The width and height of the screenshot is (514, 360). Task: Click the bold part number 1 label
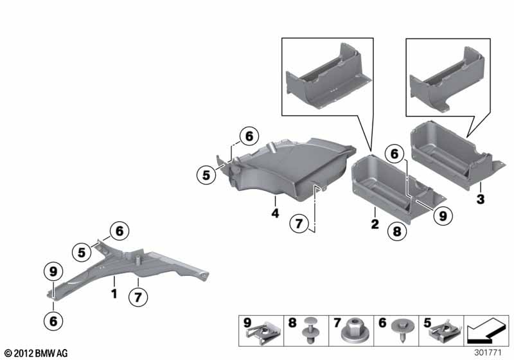(114, 293)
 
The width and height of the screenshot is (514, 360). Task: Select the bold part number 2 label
(375, 224)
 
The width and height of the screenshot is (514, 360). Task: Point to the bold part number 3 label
(480, 199)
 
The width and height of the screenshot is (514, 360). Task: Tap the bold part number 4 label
(276, 213)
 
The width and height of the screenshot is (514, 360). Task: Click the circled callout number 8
(397, 231)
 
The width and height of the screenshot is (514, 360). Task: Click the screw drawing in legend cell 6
(403, 330)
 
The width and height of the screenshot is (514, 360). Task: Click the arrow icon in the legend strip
(486, 330)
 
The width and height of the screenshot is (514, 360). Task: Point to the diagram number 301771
(488, 352)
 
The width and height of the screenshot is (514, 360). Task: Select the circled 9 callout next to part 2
(443, 216)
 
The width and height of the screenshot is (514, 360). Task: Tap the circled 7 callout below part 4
(299, 224)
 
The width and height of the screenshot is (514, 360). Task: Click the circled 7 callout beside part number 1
(138, 298)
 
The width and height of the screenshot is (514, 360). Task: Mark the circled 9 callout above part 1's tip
(53, 271)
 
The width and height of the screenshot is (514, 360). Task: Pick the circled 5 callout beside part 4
(206, 175)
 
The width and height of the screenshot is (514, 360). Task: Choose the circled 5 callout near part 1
(82, 253)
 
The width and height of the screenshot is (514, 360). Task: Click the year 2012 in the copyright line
(24, 353)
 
